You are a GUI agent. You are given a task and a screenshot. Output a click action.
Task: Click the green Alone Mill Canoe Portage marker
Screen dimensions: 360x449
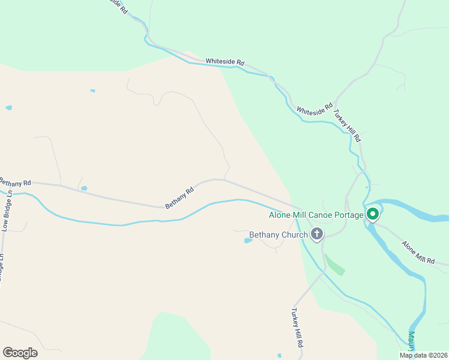(372, 214)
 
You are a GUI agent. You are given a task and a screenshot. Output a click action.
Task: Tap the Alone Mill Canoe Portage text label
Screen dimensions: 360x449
(316, 215)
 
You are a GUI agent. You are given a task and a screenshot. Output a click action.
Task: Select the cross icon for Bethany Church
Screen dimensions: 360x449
(316, 234)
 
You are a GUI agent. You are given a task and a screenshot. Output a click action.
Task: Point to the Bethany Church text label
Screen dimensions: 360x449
(278, 235)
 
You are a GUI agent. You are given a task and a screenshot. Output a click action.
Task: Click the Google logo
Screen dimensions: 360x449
(20, 353)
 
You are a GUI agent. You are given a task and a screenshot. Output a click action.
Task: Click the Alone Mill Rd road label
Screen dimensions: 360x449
(419, 252)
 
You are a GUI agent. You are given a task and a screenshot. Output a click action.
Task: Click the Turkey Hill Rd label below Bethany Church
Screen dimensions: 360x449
(297, 329)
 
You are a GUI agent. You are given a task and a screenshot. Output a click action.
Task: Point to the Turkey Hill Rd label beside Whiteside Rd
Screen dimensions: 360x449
(349, 125)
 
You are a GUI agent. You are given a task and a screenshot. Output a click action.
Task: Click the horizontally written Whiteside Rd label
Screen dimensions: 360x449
(225, 61)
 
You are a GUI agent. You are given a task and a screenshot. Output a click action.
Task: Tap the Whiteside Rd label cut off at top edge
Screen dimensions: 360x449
(116, 7)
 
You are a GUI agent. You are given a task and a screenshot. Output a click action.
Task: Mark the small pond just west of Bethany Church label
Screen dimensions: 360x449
(249, 241)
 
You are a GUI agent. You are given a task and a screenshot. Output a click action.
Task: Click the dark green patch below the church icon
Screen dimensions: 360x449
(334, 264)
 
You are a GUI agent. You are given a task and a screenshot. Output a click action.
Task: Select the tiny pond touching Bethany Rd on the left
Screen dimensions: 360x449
(84, 188)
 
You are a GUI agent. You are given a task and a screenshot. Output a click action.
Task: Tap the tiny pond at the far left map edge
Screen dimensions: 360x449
(8, 108)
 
